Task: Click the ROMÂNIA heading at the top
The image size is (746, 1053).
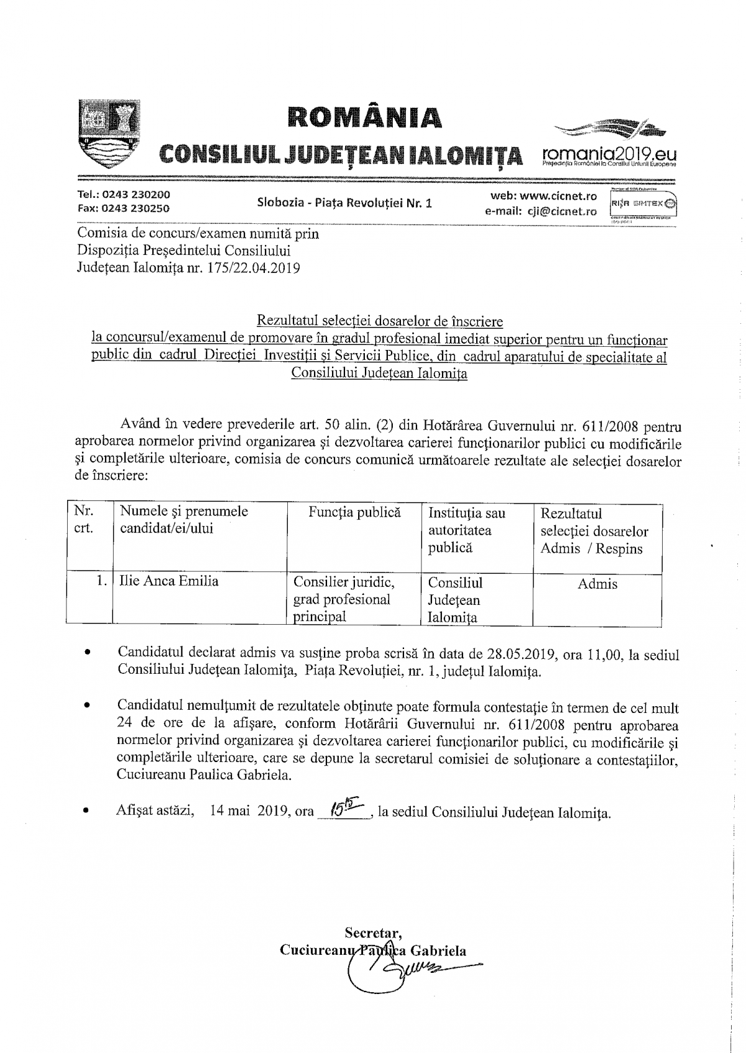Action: (x=365, y=117)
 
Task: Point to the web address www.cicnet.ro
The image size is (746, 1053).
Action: (x=558, y=196)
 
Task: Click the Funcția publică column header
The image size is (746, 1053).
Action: (x=354, y=512)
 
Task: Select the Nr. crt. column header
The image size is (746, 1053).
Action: (x=84, y=520)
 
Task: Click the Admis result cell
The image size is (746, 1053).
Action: (x=597, y=584)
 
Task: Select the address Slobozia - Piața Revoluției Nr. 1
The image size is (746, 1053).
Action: (x=344, y=203)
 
